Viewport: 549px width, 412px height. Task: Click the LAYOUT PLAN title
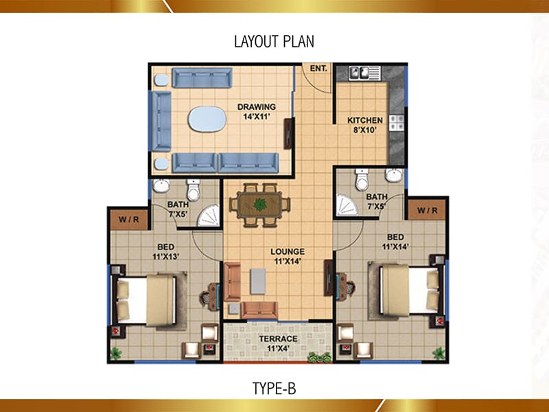point(274,41)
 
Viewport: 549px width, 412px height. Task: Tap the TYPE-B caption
point(274,389)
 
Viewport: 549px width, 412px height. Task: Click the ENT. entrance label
point(318,68)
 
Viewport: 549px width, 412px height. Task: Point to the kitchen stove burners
point(397,123)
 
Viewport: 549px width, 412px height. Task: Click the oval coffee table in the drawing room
point(207,119)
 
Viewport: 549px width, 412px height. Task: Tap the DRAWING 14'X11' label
point(257,111)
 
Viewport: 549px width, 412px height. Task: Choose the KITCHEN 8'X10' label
point(365,125)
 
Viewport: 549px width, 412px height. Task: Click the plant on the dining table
point(260,205)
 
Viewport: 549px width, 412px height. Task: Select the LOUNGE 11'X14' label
point(288,256)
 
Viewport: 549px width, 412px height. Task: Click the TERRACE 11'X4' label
point(278,343)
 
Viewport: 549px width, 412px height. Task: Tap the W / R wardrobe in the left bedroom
point(129,220)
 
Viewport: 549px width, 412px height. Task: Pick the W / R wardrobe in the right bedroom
point(427,210)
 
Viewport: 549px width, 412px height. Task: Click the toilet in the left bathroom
point(194,190)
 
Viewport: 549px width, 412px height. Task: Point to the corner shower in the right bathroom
point(346,205)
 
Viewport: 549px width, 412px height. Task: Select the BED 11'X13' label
point(165,251)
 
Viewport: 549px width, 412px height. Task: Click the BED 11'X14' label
point(395,242)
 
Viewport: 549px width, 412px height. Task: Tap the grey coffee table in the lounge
point(258,281)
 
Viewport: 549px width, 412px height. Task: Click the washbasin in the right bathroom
point(394,175)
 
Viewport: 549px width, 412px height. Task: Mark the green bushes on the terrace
point(319,357)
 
